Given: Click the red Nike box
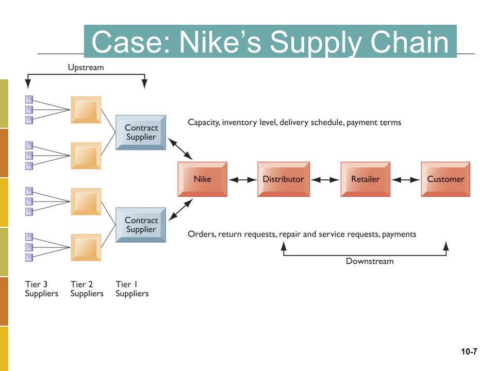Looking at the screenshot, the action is [x=202, y=179].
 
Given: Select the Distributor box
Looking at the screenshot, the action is [x=284, y=179].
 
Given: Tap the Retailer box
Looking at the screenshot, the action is [x=365, y=179].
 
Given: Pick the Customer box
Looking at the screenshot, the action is [x=445, y=179].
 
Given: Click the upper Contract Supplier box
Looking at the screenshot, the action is [x=141, y=132].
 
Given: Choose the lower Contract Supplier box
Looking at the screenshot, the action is [x=141, y=225].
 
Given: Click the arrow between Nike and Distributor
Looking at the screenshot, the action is [x=242, y=180].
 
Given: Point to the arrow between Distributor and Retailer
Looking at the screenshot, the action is [x=325, y=180].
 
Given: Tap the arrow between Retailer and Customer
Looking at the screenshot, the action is [x=406, y=180].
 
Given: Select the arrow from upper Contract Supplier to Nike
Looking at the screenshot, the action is [x=180, y=149].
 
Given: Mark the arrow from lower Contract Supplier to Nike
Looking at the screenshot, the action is [x=180, y=210].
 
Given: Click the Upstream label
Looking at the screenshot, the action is [x=86, y=68].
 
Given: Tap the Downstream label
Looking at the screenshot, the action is [x=370, y=261].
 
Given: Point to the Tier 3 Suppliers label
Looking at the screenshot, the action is [x=42, y=289].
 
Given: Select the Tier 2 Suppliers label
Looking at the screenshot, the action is [x=87, y=289].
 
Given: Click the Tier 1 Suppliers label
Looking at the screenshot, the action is [x=132, y=289].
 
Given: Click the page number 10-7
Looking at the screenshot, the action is [x=469, y=351].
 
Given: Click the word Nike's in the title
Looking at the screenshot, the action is [x=220, y=42].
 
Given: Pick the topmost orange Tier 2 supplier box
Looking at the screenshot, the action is [x=86, y=110].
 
